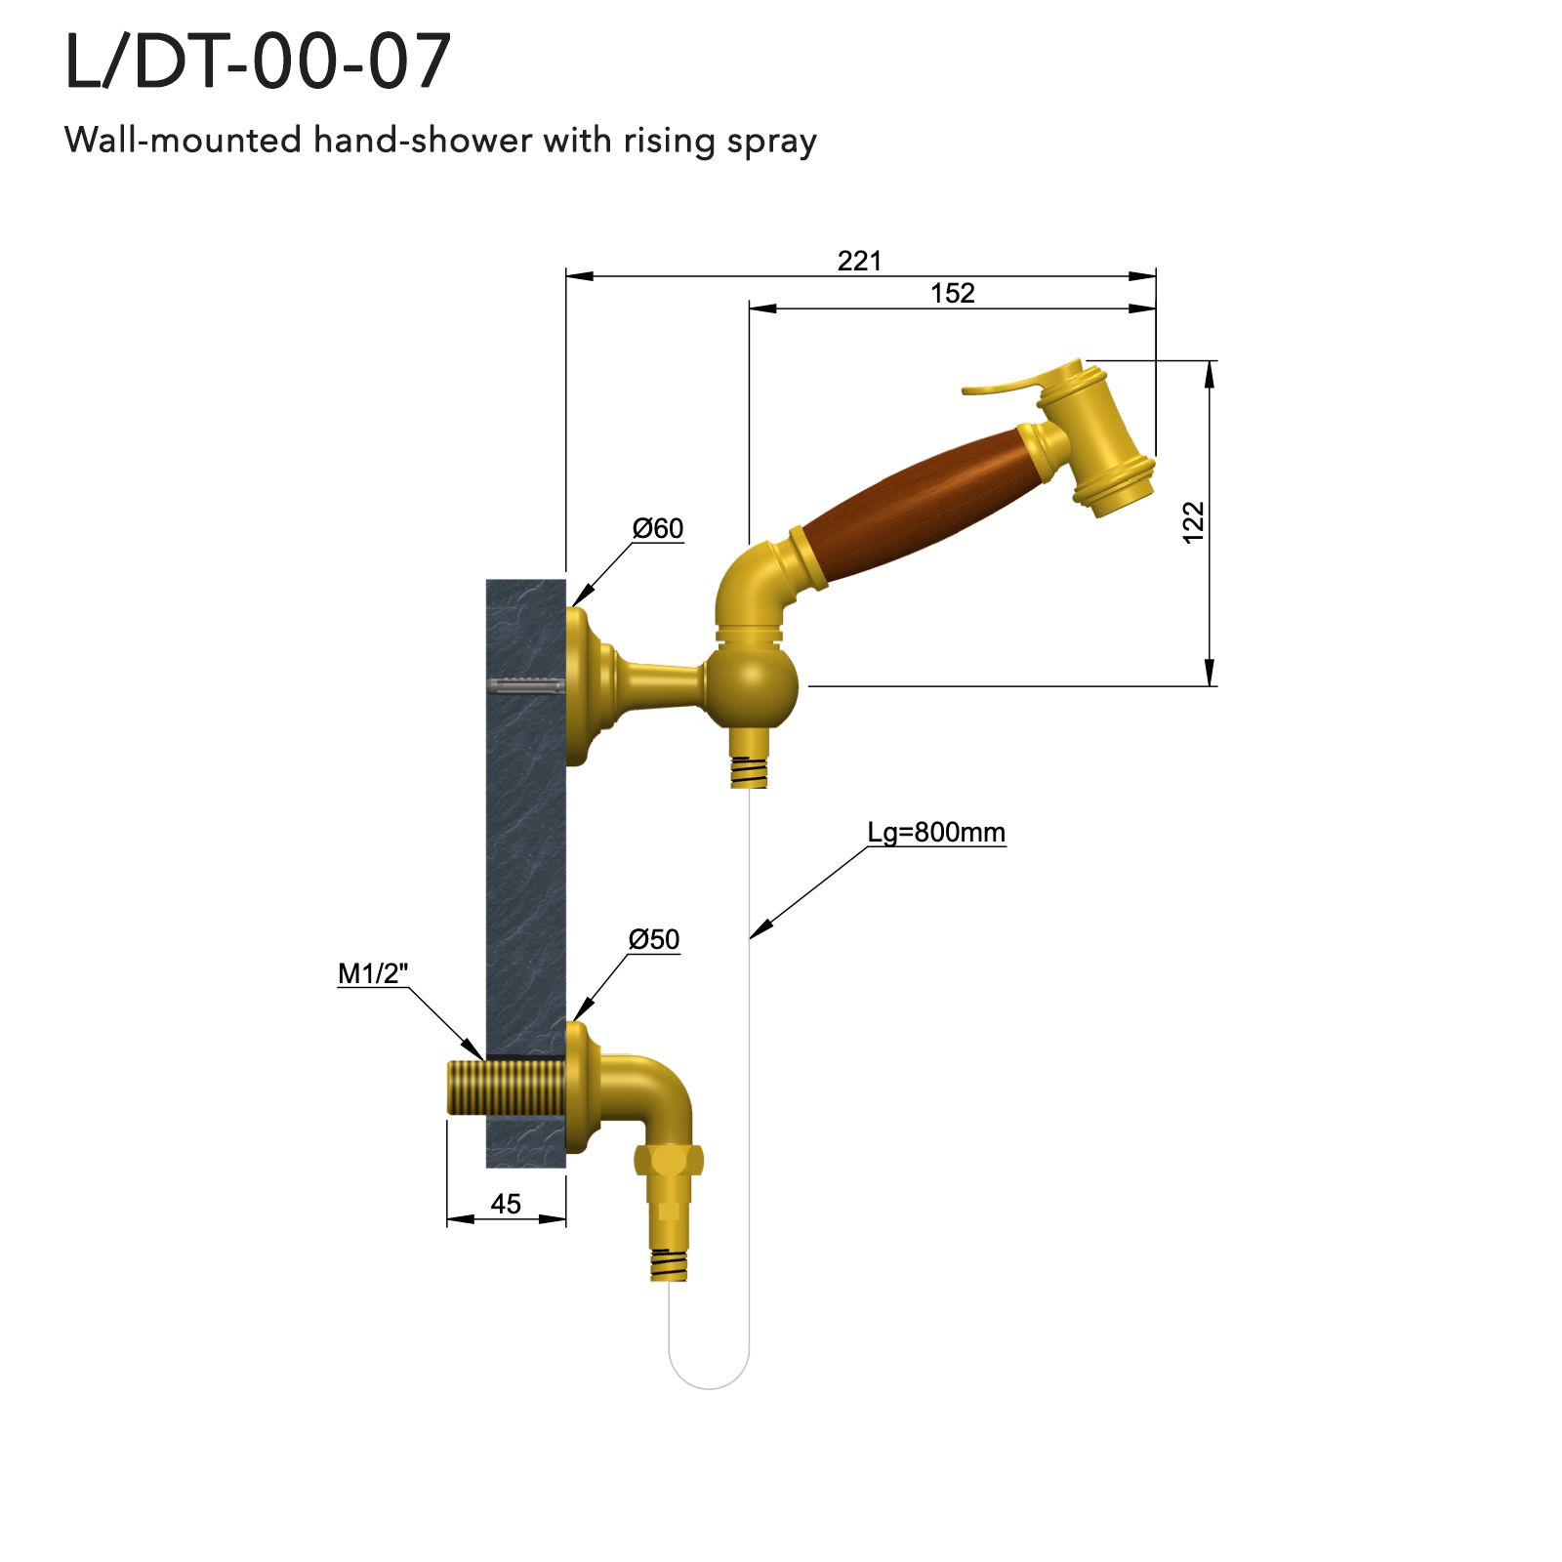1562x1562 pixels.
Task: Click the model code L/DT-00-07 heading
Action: point(258,62)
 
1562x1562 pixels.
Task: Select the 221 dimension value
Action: point(859,261)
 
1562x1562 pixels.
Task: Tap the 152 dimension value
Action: point(952,293)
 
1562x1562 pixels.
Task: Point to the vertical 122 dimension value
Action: point(1193,522)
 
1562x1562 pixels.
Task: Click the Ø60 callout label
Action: point(658,528)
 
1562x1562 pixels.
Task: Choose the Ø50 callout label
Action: point(654,939)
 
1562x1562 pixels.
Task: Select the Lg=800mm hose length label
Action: point(936,833)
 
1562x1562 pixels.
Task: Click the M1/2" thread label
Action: point(373,973)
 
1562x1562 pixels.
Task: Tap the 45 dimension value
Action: point(506,1204)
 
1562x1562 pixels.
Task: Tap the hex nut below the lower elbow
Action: point(669,1160)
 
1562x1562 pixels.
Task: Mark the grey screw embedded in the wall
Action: point(524,685)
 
